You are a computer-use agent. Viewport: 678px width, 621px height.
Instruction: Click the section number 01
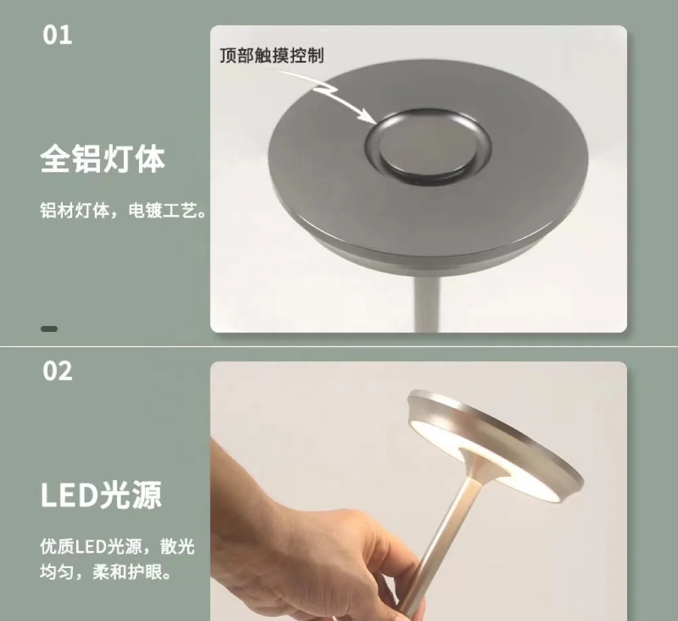tap(58, 35)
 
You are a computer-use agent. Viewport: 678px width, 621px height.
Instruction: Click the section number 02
tap(58, 371)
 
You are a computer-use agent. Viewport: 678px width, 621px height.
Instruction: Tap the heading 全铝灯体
tap(103, 159)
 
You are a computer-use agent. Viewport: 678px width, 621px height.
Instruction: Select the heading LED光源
tap(101, 495)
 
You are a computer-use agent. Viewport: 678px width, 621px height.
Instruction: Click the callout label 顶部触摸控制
tap(271, 56)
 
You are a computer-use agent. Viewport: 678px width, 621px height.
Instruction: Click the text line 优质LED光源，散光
tap(117, 547)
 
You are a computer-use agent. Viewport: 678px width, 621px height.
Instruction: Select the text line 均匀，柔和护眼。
tap(106, 572)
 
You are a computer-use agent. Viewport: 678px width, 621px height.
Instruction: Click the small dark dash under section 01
tap(49, 329)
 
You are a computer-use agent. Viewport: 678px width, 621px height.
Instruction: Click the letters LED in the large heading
tap(68, 495)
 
